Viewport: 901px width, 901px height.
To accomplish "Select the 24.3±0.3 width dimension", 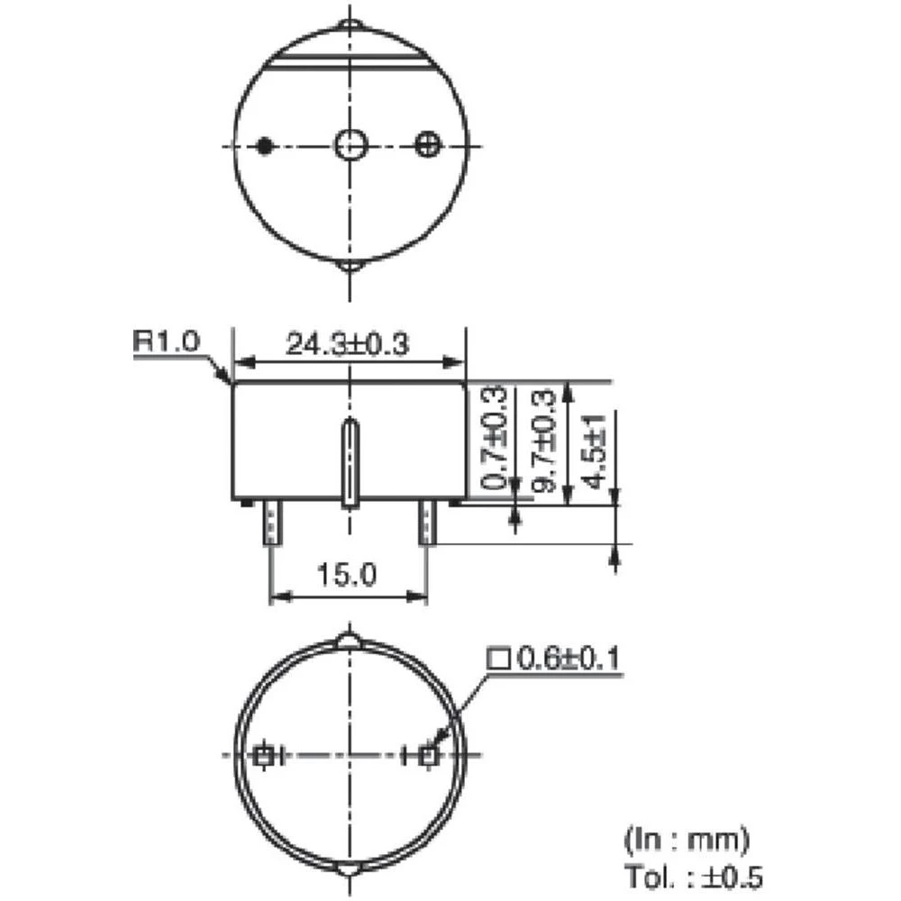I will [348, 344].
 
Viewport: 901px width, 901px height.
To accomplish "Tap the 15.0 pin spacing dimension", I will [349, 575].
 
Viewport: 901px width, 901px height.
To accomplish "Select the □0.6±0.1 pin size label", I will [554, 660].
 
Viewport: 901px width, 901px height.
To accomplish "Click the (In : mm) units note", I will [687, 841].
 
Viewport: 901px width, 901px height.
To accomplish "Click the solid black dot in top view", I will [265, 145].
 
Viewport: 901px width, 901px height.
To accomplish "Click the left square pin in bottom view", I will [263, 756].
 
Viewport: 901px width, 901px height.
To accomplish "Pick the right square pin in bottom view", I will [429, 756].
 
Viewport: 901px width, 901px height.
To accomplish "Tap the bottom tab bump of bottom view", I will [349, 870].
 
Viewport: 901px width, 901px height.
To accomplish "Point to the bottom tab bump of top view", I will [349, 267].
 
